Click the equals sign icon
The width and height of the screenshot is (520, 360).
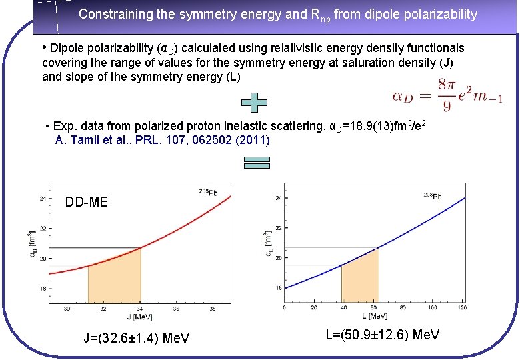click(x=257, y=162)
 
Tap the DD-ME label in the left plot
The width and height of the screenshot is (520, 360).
click(x=87, y=202)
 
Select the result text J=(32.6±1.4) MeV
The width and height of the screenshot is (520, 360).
click(x=137, y=338)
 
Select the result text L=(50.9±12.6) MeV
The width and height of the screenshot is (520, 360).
click(x=383, y=335)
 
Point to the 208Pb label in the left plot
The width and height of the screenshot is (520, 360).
click(x=207, y=192)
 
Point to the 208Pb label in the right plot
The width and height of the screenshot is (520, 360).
click(x=432, y=195)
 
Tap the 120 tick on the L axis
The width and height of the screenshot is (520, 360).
click(x=463, y=308)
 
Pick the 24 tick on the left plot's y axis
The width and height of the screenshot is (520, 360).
click(x=43, y=198)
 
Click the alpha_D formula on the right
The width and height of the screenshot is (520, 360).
click(x=447, y=96)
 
